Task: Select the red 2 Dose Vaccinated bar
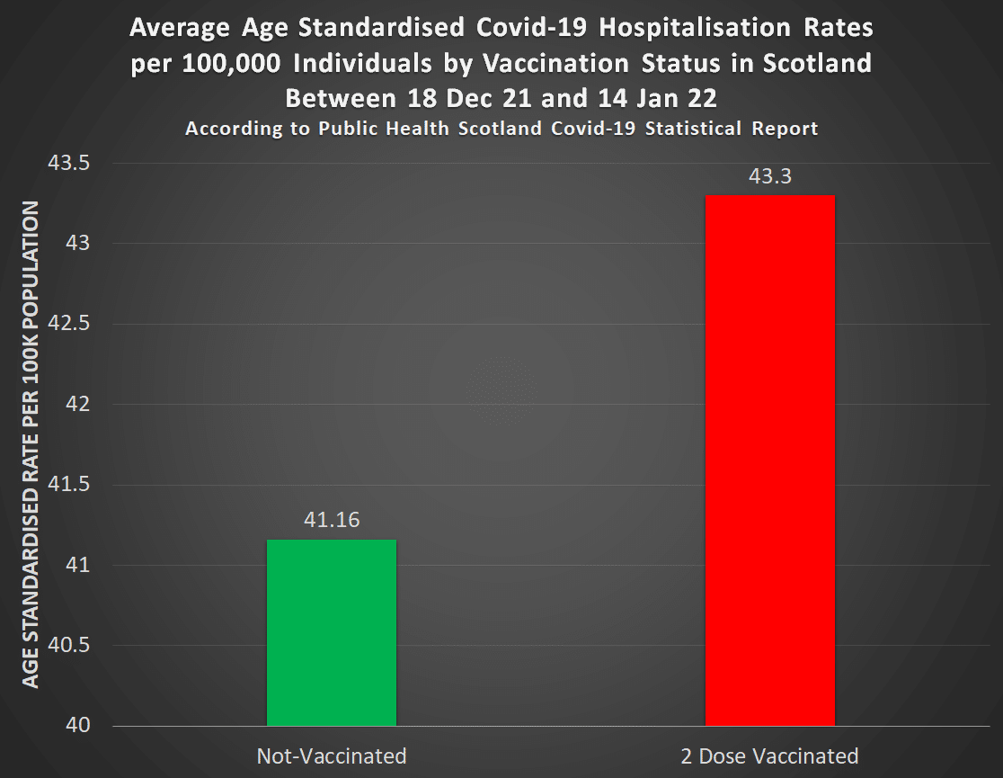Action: pos(770,461)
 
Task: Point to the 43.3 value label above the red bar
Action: pos(770,176)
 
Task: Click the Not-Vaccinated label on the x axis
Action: pos(332,755)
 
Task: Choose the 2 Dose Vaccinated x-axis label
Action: pos(770,755)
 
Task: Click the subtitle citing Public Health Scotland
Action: pos(501,129)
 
